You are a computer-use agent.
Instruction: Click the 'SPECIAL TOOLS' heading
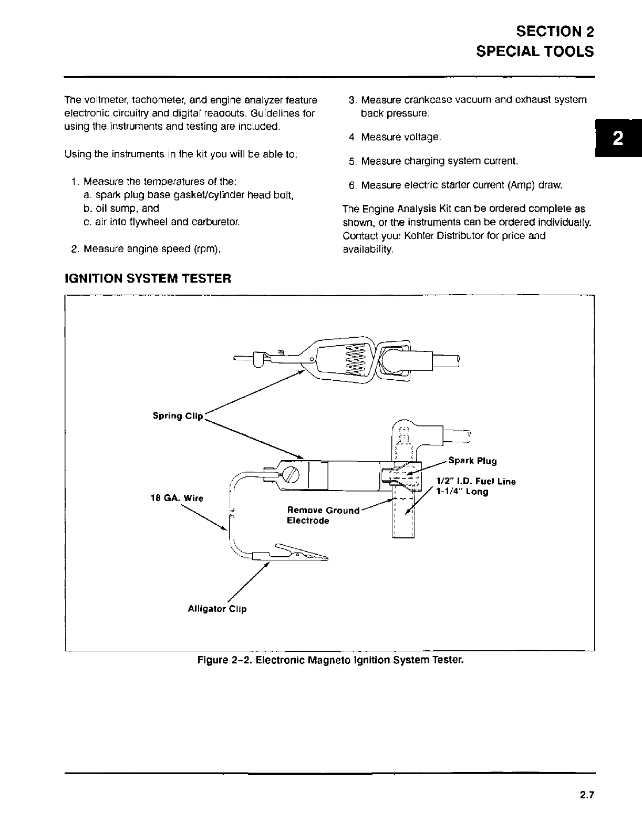point(535,51)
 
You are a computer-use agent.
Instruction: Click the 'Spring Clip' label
point(178,415)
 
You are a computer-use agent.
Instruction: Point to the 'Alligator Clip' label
point(217,609)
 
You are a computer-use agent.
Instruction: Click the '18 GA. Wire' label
point(177,498)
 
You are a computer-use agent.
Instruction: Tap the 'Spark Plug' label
point(472,461)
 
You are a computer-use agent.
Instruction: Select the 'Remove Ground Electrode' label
point(322,515)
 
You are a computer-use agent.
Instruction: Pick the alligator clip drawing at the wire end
point(292,553)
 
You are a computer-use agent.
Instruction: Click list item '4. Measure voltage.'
point(395,137)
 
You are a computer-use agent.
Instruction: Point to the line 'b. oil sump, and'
point(121,209)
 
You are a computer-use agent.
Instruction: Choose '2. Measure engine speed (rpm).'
point(146,248)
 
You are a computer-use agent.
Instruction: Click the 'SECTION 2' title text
point(555,31)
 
